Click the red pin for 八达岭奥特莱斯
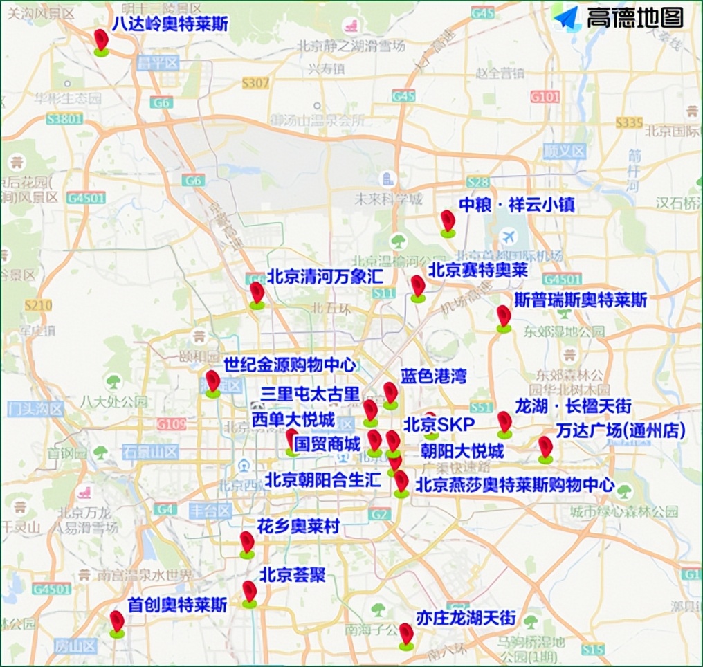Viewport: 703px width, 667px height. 102,40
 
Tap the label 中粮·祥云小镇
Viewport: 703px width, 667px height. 517,205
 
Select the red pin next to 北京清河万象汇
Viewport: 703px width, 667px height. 257,293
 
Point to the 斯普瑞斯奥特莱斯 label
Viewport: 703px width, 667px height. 581,300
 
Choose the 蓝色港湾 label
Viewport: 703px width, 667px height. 433,376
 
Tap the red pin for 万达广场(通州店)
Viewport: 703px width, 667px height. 546,448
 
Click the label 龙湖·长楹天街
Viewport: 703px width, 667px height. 573,405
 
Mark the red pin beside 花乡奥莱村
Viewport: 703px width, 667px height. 247,542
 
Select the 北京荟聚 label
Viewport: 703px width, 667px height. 292,575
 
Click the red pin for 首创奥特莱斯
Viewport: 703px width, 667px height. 117,621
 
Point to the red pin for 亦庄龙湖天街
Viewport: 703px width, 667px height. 406,634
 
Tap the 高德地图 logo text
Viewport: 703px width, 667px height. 634,17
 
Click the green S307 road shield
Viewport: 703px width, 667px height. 255,83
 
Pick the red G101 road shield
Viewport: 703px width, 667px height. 545,97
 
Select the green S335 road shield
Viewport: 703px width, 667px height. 630,122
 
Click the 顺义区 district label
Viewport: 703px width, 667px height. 564,150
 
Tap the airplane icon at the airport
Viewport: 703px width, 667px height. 510,237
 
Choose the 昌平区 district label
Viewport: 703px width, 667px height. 158,64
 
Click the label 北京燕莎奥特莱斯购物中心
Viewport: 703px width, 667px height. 514,484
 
